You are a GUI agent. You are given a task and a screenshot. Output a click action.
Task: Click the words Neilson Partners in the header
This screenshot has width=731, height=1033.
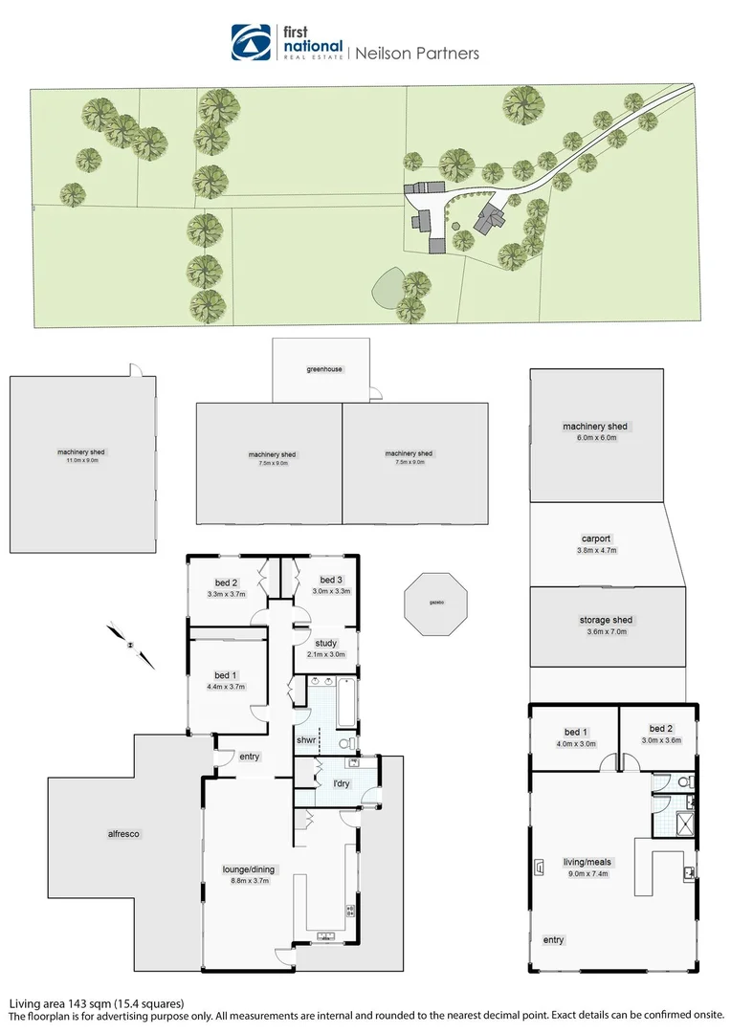pyautogui.click(x=417, y=54)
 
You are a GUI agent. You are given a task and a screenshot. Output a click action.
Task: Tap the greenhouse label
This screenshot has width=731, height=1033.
pyautogui.click(x=324, y=369)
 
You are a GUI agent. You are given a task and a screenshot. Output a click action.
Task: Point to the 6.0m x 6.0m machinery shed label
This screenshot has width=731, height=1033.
pyautogui.click(x=595, y=431)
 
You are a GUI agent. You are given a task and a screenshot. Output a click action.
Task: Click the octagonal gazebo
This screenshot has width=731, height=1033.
pyautogui.click(x=436, y=604)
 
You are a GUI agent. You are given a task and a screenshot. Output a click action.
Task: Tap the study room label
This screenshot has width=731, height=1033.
pyautogui.click(x=326, y=644)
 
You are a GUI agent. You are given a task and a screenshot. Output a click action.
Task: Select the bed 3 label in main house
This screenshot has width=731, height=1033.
pyautogui.click(x=331, y=581)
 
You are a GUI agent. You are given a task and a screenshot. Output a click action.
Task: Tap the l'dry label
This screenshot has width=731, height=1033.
pyautogui.click(x=339, y=784)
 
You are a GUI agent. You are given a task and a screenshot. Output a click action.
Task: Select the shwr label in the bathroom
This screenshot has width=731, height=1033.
pyautogui.click(x=306, y=739)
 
